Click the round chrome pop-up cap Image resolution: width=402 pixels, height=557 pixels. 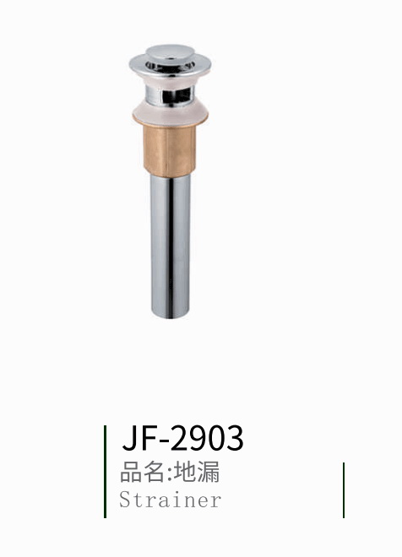(168, 53)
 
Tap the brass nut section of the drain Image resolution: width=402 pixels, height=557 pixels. (170, 150)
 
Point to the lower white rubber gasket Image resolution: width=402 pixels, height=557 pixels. (171, 113)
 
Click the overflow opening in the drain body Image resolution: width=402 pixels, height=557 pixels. (177, 96)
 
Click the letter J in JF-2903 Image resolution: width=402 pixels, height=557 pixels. (131, 438)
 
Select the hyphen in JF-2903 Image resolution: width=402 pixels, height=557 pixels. (166, 441)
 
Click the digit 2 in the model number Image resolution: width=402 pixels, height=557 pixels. (180, 438)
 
